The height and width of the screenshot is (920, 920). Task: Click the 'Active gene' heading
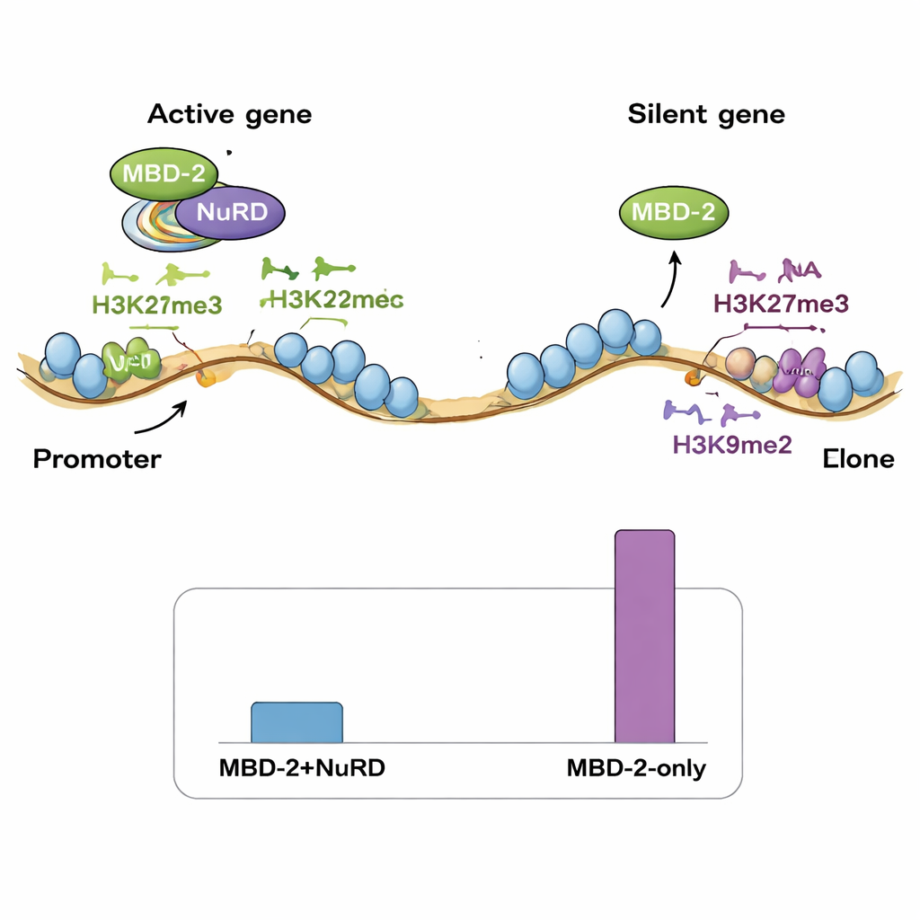pyautogui.click(x=229, y=115)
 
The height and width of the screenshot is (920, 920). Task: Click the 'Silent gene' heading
pyautogui.click(x=706, y=115)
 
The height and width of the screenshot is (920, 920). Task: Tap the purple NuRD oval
pyautogui.click(x=229, y=212)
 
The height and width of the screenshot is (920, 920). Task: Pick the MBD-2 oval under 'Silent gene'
pyautogui.click(x=674, y=212)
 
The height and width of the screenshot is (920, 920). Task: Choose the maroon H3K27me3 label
pyautogui.click(x=780, y=303)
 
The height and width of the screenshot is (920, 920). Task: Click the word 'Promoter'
pyautogui.click(x=97, y=459)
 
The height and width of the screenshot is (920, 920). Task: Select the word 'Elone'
pyautogui.click(x=858, y=459)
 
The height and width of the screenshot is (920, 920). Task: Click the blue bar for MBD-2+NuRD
pyautogui.click(x=296, y=723)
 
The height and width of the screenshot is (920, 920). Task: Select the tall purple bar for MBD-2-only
pyautogui.click(x=644, y=637)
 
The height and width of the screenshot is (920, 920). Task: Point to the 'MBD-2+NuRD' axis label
pyautogui.click(x=296, y=769)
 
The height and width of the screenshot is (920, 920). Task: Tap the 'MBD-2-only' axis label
pyautogui.click(x=636, y=769)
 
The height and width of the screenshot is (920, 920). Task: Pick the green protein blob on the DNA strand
pyautogui.click(x=129, y=361)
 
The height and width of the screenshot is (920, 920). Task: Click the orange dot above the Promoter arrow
pyautogui.click(x=205, y=379)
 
